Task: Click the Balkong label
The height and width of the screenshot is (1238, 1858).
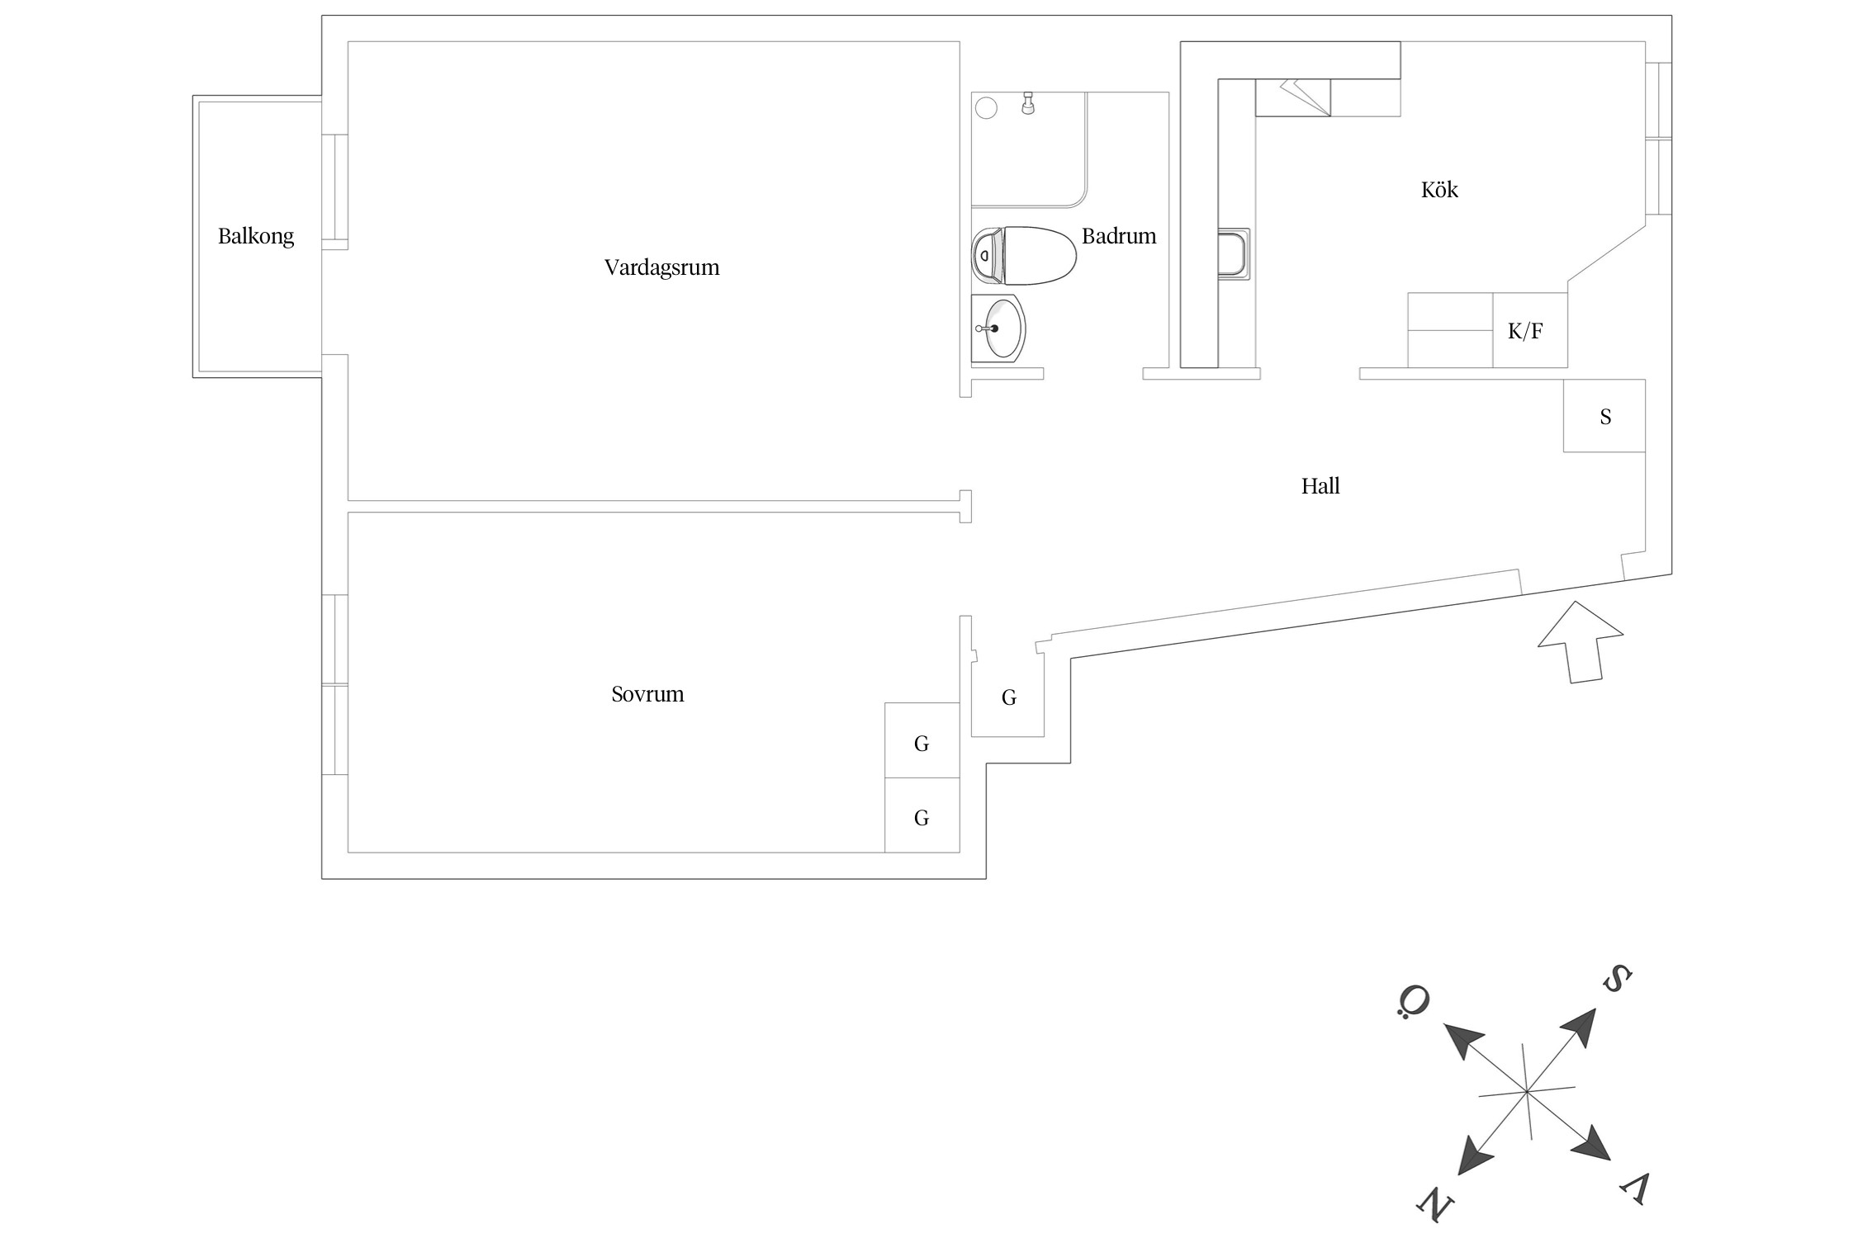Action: [x=255, y=237]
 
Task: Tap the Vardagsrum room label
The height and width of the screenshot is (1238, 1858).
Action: [x=661, y=267]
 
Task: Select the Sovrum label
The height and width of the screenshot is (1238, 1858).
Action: [x=647, y=694]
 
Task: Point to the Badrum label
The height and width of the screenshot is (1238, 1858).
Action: [x=1118, y=237]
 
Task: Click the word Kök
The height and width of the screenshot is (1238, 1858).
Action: [x=1439, y=190]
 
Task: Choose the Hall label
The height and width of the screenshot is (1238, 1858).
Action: [x=1320, y=486]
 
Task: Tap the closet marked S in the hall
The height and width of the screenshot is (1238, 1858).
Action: [x=1604, y=416]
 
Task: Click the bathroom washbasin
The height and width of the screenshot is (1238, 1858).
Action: [x=999, y=328]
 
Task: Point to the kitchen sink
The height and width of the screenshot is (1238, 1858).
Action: [x=1234, y=254]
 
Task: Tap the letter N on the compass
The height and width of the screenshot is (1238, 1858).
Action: [x=1436, y=1204]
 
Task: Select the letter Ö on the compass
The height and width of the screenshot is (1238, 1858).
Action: [x=1414, y=1001]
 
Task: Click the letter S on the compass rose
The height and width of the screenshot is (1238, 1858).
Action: [x=1616, y=980]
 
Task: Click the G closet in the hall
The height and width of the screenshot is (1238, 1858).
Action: [x=1008, y=698]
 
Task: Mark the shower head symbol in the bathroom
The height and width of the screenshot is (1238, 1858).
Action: [x=1028, y=104]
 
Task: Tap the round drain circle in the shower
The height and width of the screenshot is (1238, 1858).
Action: [x=986, y=107]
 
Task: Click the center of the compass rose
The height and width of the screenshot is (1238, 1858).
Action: [x=1527, y=1092]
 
